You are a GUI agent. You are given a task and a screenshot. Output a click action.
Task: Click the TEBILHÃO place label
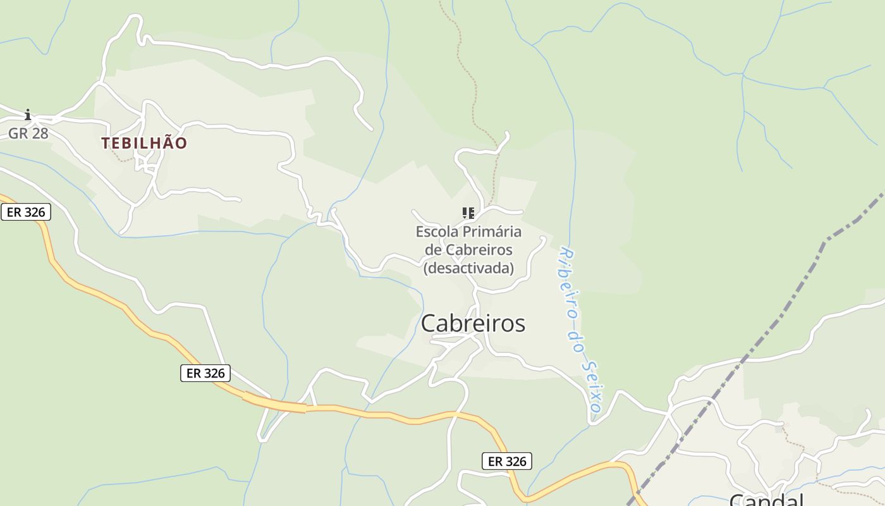(144, 143)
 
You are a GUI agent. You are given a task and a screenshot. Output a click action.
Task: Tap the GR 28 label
(28, 133)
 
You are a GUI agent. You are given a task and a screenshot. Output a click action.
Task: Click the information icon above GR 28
(28, 114)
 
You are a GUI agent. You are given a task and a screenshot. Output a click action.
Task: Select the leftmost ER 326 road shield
(26, 212)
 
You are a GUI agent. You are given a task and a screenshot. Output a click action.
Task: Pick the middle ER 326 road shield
(205, 373)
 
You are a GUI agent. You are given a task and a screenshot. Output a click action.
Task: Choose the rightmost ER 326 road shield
(507, 461)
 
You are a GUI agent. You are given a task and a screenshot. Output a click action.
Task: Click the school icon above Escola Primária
(468, 213)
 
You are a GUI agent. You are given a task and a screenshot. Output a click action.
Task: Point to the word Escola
(436, 231)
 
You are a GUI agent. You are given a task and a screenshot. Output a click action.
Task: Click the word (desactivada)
(468, 268)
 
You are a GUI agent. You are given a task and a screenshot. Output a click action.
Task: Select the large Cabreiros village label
(473, 323)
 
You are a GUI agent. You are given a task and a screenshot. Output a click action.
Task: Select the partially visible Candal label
(766, 500)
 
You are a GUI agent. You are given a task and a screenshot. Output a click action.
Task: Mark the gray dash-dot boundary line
(784, 310)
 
